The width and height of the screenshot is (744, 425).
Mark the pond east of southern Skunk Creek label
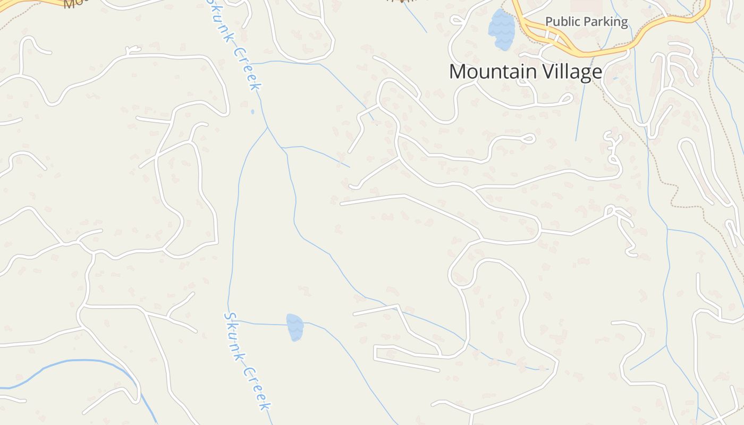294,327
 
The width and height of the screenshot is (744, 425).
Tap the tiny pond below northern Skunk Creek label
252,112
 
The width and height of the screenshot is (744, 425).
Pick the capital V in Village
541,72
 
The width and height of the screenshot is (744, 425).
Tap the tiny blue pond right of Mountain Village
615,79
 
